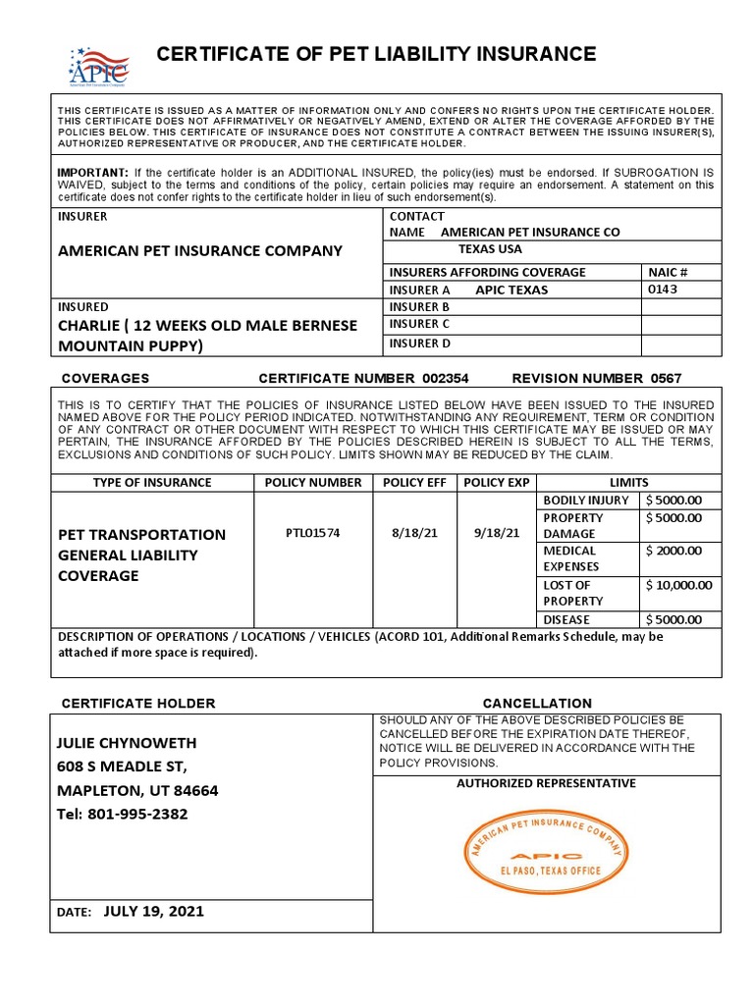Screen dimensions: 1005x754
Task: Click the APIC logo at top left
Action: (x=98, y=66)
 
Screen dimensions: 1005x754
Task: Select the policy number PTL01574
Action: (x=312, y=533)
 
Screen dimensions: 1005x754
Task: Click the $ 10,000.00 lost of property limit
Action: (x=679, y=585)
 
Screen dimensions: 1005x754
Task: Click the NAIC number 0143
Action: (x=663, y=290)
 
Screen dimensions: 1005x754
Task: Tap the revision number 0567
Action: (x=666, y=378)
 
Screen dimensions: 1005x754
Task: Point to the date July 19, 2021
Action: (x=153, y=911)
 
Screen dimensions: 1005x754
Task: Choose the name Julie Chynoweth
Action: (x=127, y=743)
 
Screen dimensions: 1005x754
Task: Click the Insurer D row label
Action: (x=419, y=344)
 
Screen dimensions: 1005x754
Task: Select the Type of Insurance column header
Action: (x=152, y=482)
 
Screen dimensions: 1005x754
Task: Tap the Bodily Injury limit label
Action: (x=585, y=501)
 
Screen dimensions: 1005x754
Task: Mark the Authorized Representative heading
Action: (x=546, y=783)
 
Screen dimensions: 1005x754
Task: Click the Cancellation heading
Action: (x=537, y=704)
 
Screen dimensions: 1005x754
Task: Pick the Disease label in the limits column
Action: (x=567, y=619)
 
